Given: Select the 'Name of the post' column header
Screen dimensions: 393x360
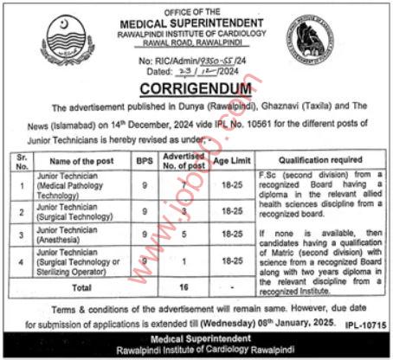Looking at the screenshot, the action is point(77,160).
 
